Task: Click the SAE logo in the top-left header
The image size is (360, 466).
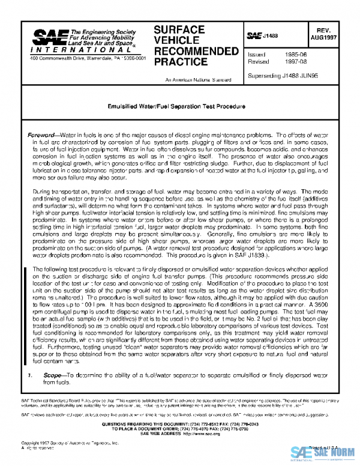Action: point(48,37)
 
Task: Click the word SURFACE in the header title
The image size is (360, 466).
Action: point(179,29)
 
